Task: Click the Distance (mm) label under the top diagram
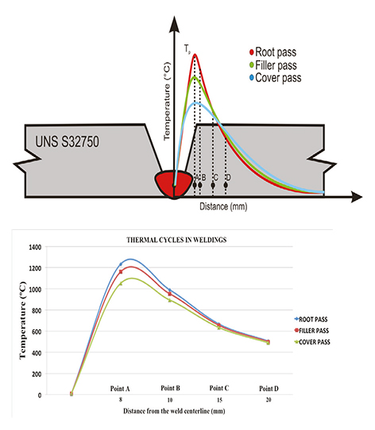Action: point(226,206)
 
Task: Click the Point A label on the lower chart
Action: point(121,389)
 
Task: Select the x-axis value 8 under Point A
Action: point(121,401)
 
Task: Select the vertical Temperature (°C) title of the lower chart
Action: point(14,321)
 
